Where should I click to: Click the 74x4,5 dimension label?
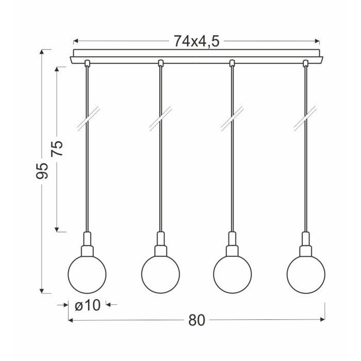(196, 41)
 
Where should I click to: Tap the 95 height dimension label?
(42, 171)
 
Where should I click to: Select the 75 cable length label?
(57, 149)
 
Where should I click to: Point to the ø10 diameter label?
(88, 305)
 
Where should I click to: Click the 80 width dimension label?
(196, 320)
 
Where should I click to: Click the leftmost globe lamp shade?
(87, 274)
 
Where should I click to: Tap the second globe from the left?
(160, 274)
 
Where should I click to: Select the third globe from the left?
(232, 274)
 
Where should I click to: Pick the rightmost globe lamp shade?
(306, 274)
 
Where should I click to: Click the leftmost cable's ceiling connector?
(87, 63)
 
